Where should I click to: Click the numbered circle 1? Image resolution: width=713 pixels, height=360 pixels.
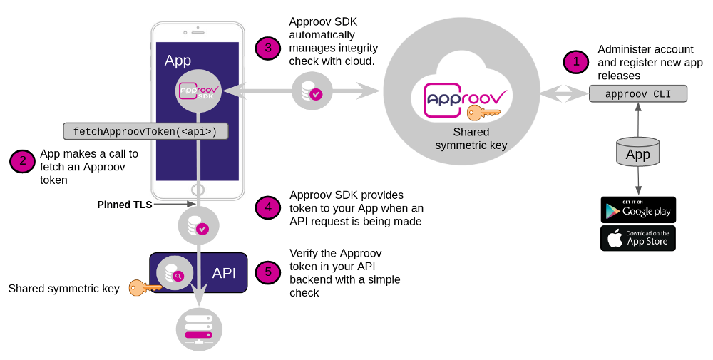click(576, 62)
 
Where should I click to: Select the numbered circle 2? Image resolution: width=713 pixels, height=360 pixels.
click(22, 161)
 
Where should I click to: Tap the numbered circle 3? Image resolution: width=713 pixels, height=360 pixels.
click(268, 48)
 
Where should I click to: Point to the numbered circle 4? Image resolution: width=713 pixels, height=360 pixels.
click(268, 207)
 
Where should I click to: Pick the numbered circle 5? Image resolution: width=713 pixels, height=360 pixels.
click(268, 272)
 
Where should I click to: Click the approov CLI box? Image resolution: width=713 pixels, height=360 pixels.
click(638, 93)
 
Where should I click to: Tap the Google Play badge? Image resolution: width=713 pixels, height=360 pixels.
click(638, 210)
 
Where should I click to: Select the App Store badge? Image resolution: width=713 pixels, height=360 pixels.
click(638, 238)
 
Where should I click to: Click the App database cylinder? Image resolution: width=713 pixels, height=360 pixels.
click(637, 152)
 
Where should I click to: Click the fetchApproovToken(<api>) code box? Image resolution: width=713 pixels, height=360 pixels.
click(145, 131)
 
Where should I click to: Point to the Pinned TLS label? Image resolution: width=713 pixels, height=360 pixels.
click(124, 205)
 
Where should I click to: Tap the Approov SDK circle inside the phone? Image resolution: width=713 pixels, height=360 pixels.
click(198, 91)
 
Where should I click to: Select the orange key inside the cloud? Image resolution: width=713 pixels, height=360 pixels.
click(482, 113)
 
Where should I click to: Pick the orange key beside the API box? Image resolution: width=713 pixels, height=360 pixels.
click(145, 288)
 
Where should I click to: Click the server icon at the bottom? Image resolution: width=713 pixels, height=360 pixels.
click(199, 329)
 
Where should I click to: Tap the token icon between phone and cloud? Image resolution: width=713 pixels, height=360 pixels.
click(312, 91)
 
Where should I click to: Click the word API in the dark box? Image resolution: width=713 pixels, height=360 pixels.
click(225, 273)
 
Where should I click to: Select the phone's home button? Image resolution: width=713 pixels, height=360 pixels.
click(198, 190)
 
